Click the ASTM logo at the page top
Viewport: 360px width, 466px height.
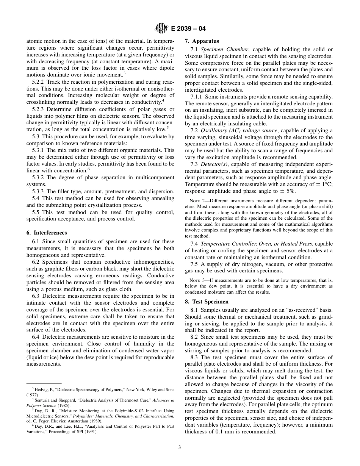[x=161, y=28]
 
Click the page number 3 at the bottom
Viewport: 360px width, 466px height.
[x=180, y=447]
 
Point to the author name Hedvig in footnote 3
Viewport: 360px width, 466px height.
[x=42, y=389]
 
